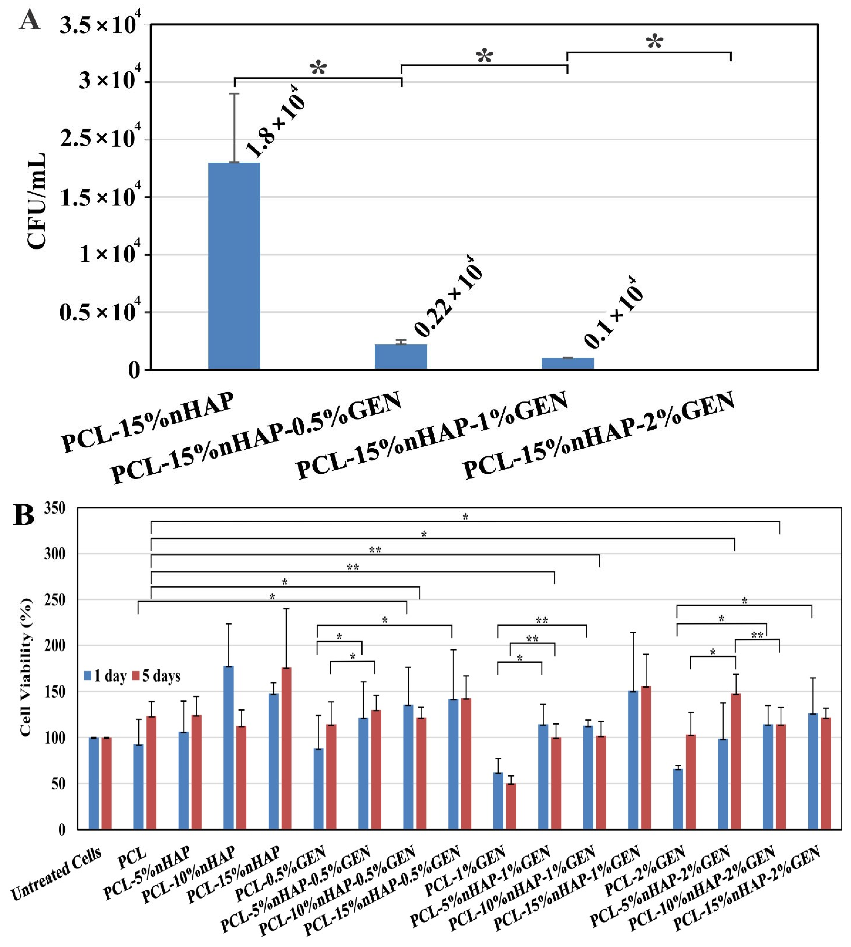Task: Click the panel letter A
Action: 29,21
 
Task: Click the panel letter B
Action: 24,516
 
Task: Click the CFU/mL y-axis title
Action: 37,201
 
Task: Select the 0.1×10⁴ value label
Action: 614,312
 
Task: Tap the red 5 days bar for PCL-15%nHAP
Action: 286,748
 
